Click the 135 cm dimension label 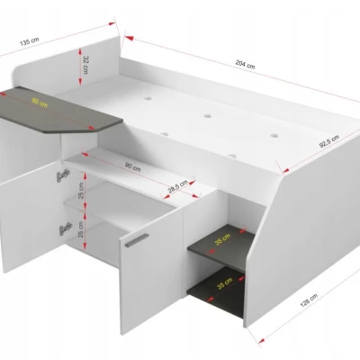pos(30,41)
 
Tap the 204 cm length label pos(245,65)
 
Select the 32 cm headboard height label pos(85,65)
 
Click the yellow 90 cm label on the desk pos(40,103)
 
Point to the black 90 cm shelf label pos(133,166)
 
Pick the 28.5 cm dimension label pos(177,186)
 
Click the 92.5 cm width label pos(329,141)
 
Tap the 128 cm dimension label pos(309,301)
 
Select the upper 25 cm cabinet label pos(81,191)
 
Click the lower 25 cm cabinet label pos(81,229)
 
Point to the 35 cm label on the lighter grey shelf pos(223,239)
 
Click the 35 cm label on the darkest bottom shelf pos(225,283)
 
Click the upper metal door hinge pos(63,175)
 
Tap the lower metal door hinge pos(65,229)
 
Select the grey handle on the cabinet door pos(137,240)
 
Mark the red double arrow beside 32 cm pos(80,67)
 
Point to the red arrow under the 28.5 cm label pos(181,192)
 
